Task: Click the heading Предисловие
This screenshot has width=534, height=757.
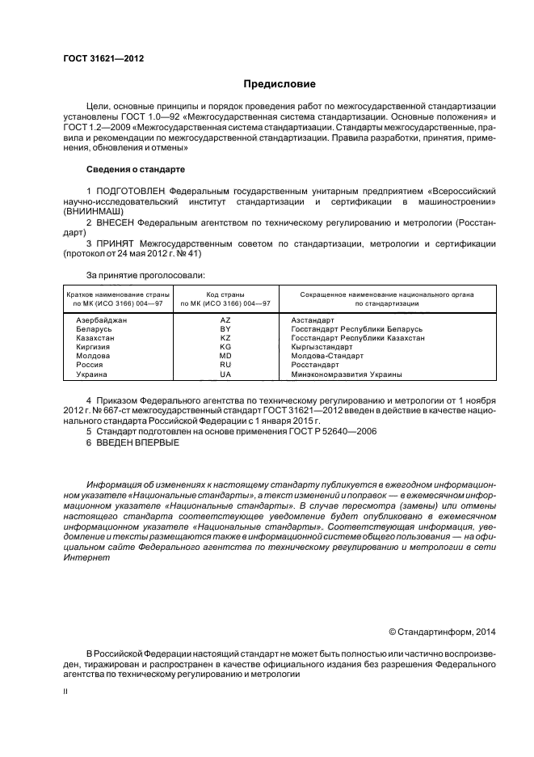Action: (x=280, y=84)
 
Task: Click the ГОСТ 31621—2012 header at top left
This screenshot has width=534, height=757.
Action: (x=98, y=60)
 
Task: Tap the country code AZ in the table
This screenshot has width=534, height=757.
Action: (x=225, y=320)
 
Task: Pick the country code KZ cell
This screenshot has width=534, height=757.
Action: (x=225, y=338)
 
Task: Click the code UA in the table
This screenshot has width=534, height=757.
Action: (x=225, y=374)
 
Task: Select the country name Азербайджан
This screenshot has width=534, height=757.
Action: (x=102, y=320)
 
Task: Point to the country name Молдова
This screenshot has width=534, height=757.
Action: (x=93, y=357)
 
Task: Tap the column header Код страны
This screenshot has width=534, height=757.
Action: (x=225, y=294)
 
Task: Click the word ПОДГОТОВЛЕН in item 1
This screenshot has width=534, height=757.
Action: (x=137, y=190)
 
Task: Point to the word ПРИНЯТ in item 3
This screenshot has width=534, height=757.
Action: (x=117, y=242)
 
